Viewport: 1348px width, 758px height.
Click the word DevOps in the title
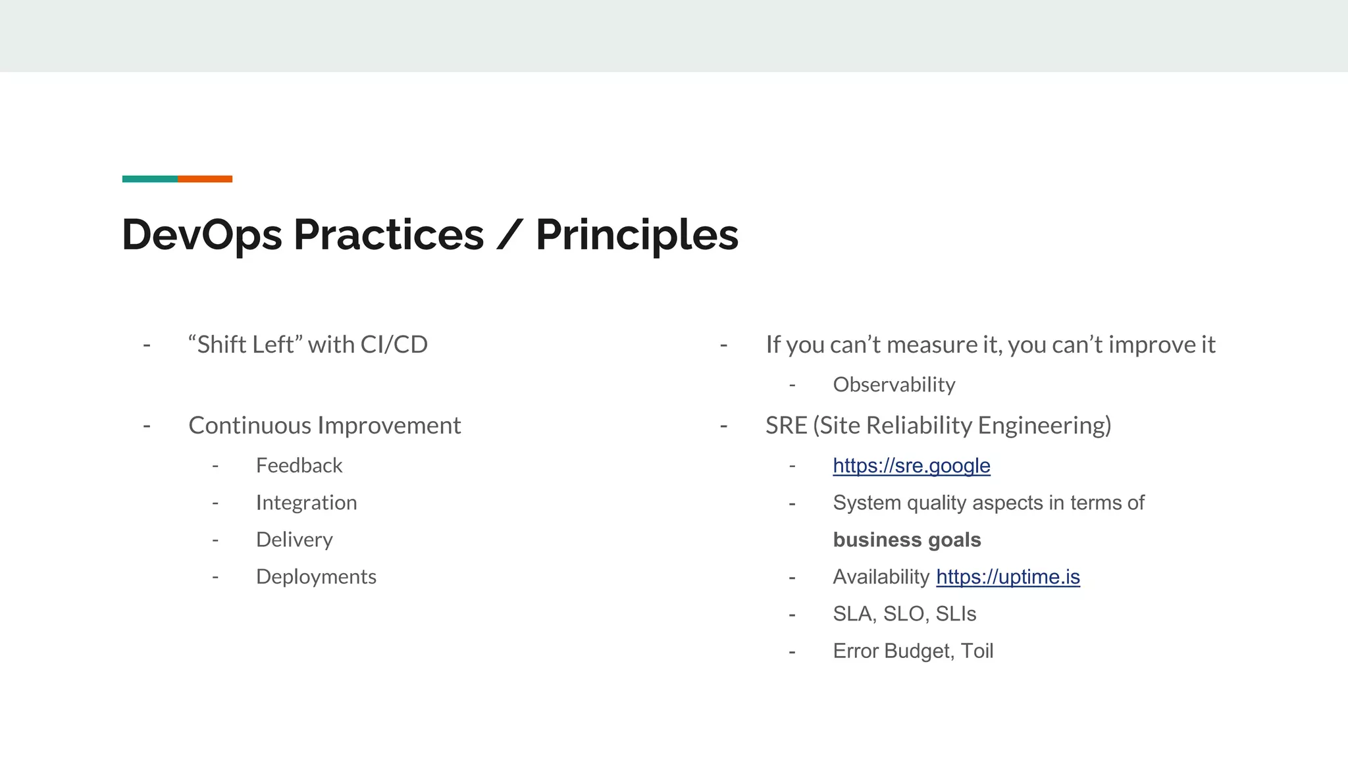point(201,235)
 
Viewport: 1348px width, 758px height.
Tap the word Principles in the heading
point(636,235)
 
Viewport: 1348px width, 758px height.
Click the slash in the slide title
point(508,235)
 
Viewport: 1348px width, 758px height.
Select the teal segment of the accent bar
point(149,179)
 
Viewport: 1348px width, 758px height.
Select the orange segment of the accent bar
point(205,179)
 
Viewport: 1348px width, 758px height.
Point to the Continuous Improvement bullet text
point(324,426)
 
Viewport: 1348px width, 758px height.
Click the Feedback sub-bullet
point(299,466)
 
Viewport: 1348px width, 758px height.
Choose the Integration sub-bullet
point(306,503)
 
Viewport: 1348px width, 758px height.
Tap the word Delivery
point(294,540)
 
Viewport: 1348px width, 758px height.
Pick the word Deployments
point(316,577)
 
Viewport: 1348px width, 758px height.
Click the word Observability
point(894,385)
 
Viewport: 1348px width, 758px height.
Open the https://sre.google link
point(911,466)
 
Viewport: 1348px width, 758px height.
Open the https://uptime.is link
point(1008,577)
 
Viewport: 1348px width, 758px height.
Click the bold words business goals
point(906,540)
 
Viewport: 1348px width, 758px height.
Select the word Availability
point(881,577)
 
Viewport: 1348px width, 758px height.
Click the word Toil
point(977,651)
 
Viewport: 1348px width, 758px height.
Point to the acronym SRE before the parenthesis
point(786,426)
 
